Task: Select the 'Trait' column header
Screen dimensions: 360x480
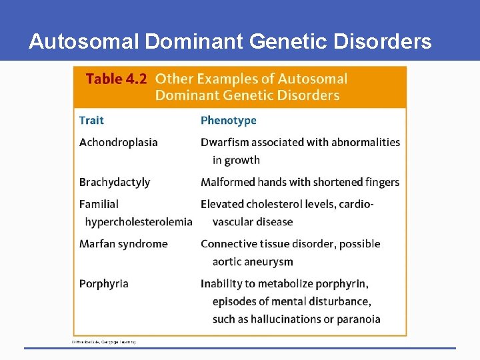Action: click(91, 120)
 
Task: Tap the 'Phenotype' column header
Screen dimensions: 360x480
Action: click(228, 120)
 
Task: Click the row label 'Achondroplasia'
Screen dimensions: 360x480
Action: click(118, 142)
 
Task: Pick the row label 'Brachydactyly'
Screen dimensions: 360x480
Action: click(114, 182)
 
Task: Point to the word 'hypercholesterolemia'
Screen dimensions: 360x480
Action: click(139, 221)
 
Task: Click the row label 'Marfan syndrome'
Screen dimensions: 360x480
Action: click(123, 243)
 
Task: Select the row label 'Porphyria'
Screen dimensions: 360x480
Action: click(103, 283)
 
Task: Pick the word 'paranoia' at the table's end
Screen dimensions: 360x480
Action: click(358, 319)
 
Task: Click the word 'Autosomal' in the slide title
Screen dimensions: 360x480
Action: click(84, 42)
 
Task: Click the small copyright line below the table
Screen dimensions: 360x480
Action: click(103, 342)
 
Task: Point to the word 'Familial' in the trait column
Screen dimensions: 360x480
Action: click(99, 204)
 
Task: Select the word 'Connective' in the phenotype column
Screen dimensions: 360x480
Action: click(228, 243)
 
